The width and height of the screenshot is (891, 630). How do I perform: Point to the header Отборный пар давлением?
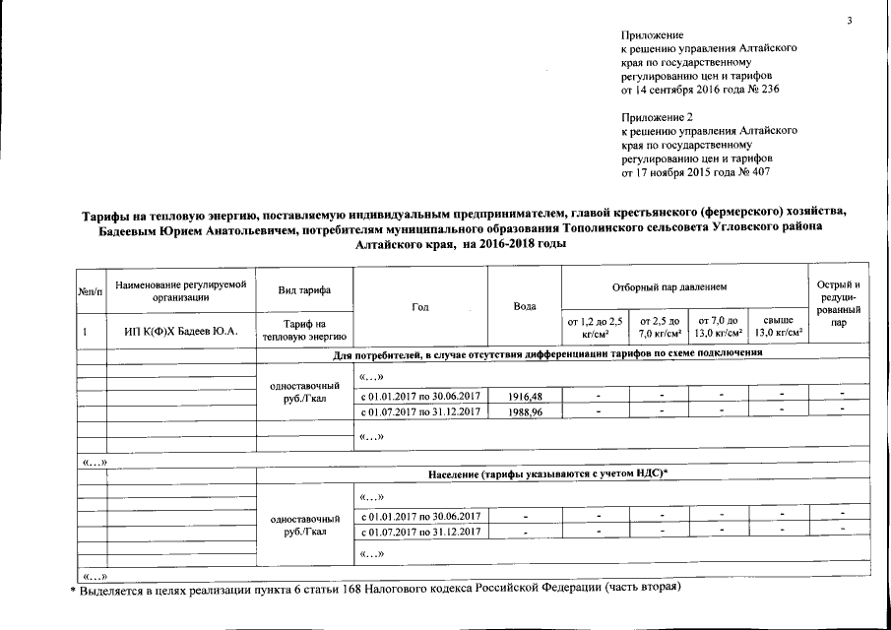point(683,287)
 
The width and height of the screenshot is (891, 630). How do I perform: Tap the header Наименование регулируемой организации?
point(179,290)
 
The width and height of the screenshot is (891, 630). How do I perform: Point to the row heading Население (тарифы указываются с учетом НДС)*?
point(548,475)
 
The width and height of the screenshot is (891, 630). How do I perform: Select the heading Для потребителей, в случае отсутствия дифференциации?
point(548,352)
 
